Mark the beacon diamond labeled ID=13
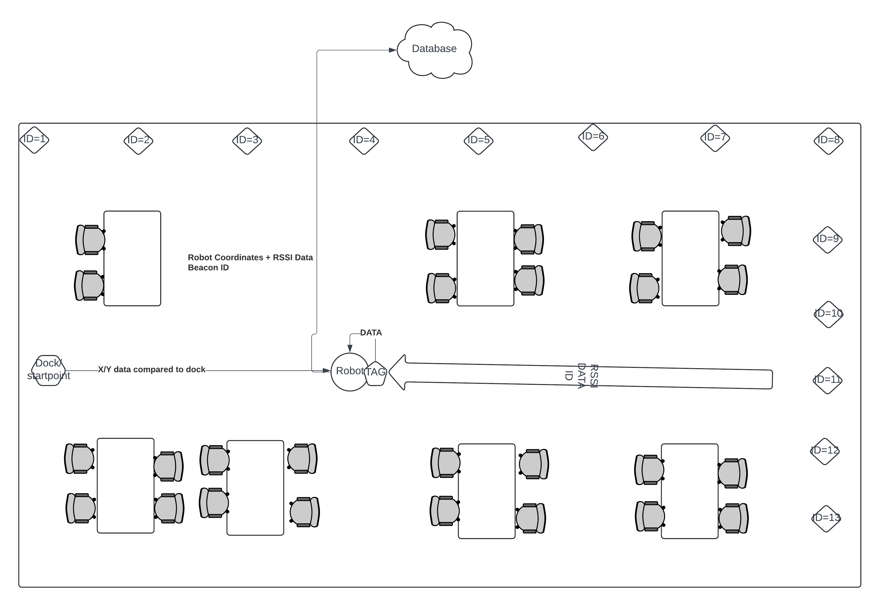[x=826, y=518]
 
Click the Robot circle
[x=348, y=372]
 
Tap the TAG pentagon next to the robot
[x=375, y=373]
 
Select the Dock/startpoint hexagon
[x=48, y=370]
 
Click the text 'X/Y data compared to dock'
[x=151, y=369]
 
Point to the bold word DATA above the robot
[x=371, y=333]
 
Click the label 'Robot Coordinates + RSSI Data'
[x=250, y=258]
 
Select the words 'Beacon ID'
[x=208, y=268]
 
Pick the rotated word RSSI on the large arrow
[x=594, y=376]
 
